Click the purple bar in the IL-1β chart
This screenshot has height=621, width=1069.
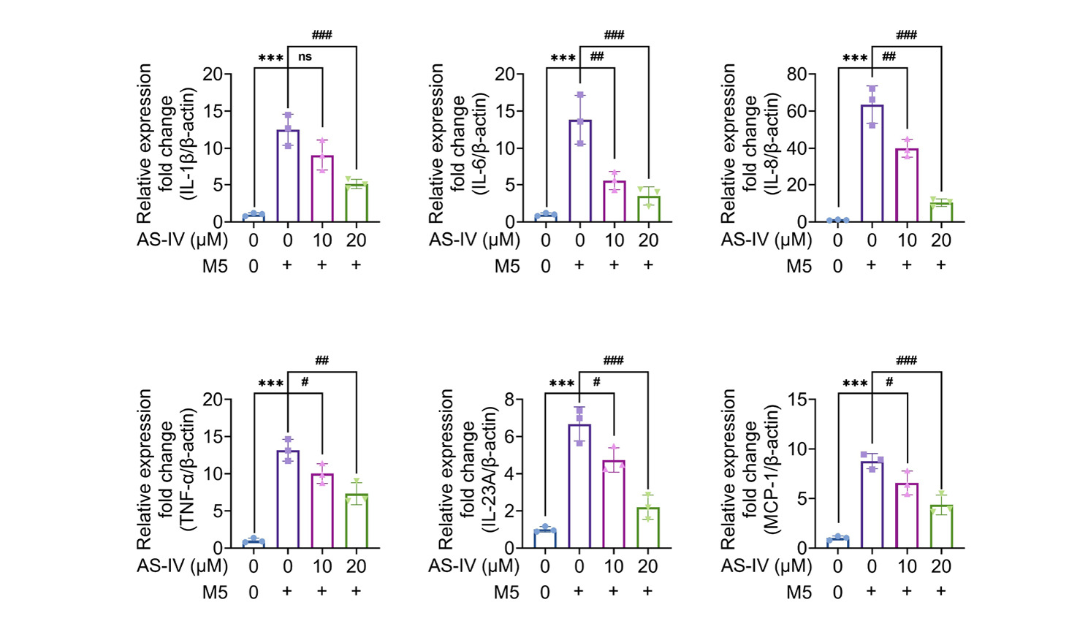288,175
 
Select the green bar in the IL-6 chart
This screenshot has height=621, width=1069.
648,209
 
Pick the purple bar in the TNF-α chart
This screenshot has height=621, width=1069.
288,500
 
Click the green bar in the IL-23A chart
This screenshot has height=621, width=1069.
648,527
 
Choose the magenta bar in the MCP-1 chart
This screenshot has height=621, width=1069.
907,516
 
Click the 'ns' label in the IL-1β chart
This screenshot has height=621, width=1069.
305,57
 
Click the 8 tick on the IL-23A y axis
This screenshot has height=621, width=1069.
509,400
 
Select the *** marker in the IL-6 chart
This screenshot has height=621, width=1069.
563,58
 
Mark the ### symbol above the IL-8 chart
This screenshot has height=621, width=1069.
906,34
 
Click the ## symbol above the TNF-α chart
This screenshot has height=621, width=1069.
322,360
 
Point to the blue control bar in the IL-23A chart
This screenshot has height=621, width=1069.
545,538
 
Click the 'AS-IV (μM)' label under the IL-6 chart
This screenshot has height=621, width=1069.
474,240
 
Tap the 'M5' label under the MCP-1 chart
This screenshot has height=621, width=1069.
799,592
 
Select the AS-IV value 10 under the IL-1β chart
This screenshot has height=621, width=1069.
322,240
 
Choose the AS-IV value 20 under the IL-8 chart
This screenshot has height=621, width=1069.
941,240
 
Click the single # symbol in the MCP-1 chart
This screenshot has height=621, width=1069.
889,382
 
